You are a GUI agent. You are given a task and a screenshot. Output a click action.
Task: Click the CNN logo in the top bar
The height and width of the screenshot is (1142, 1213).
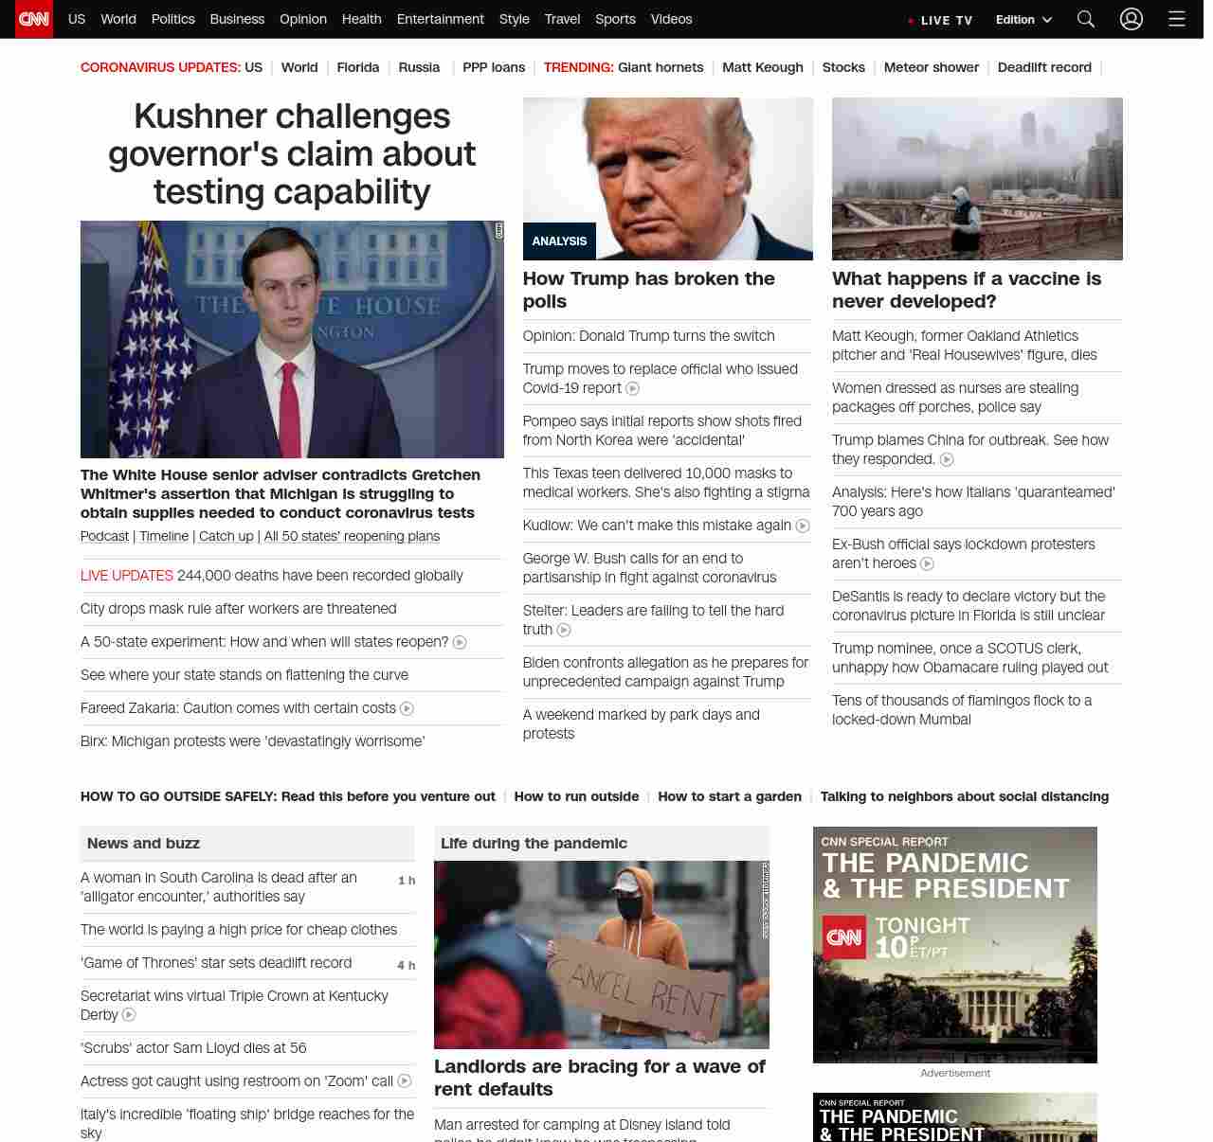coord(34,19)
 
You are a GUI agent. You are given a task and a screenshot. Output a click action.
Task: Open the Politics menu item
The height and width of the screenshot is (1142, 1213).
coord(172,19)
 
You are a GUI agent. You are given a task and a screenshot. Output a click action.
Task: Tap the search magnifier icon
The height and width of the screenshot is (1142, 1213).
coord(1086,19)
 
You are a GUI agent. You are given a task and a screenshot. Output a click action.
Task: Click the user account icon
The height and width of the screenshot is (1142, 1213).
coord(1132,19)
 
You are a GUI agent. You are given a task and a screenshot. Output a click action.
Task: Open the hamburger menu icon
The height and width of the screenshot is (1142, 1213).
coord(1177,19)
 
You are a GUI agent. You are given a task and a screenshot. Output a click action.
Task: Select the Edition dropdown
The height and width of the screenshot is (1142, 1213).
coord(1023,20)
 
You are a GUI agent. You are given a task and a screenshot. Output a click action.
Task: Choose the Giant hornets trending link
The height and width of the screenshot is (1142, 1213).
coord(661,67)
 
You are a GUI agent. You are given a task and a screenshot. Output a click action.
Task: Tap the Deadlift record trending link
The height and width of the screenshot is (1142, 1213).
coord(1044,67)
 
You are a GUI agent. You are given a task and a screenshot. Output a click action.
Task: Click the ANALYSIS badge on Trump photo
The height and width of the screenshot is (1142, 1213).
coord(559,241)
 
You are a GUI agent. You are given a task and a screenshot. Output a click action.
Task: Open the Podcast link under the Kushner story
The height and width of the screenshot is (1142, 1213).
coord(104,536)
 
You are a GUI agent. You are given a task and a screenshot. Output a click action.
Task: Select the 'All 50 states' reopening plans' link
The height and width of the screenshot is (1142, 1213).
coord(352,536)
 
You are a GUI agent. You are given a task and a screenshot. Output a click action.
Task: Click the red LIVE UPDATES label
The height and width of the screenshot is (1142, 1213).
coord(127,576)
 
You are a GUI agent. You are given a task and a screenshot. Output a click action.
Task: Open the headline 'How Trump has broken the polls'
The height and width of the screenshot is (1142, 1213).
coord(648,290)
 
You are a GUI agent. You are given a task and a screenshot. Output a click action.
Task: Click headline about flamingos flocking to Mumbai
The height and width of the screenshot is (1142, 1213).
coord(961,709)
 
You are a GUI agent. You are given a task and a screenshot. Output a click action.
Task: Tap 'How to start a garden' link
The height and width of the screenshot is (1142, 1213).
coord(730,796)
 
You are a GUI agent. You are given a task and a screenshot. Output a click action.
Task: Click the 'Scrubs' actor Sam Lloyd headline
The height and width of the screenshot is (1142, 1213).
coord(193,1048)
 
